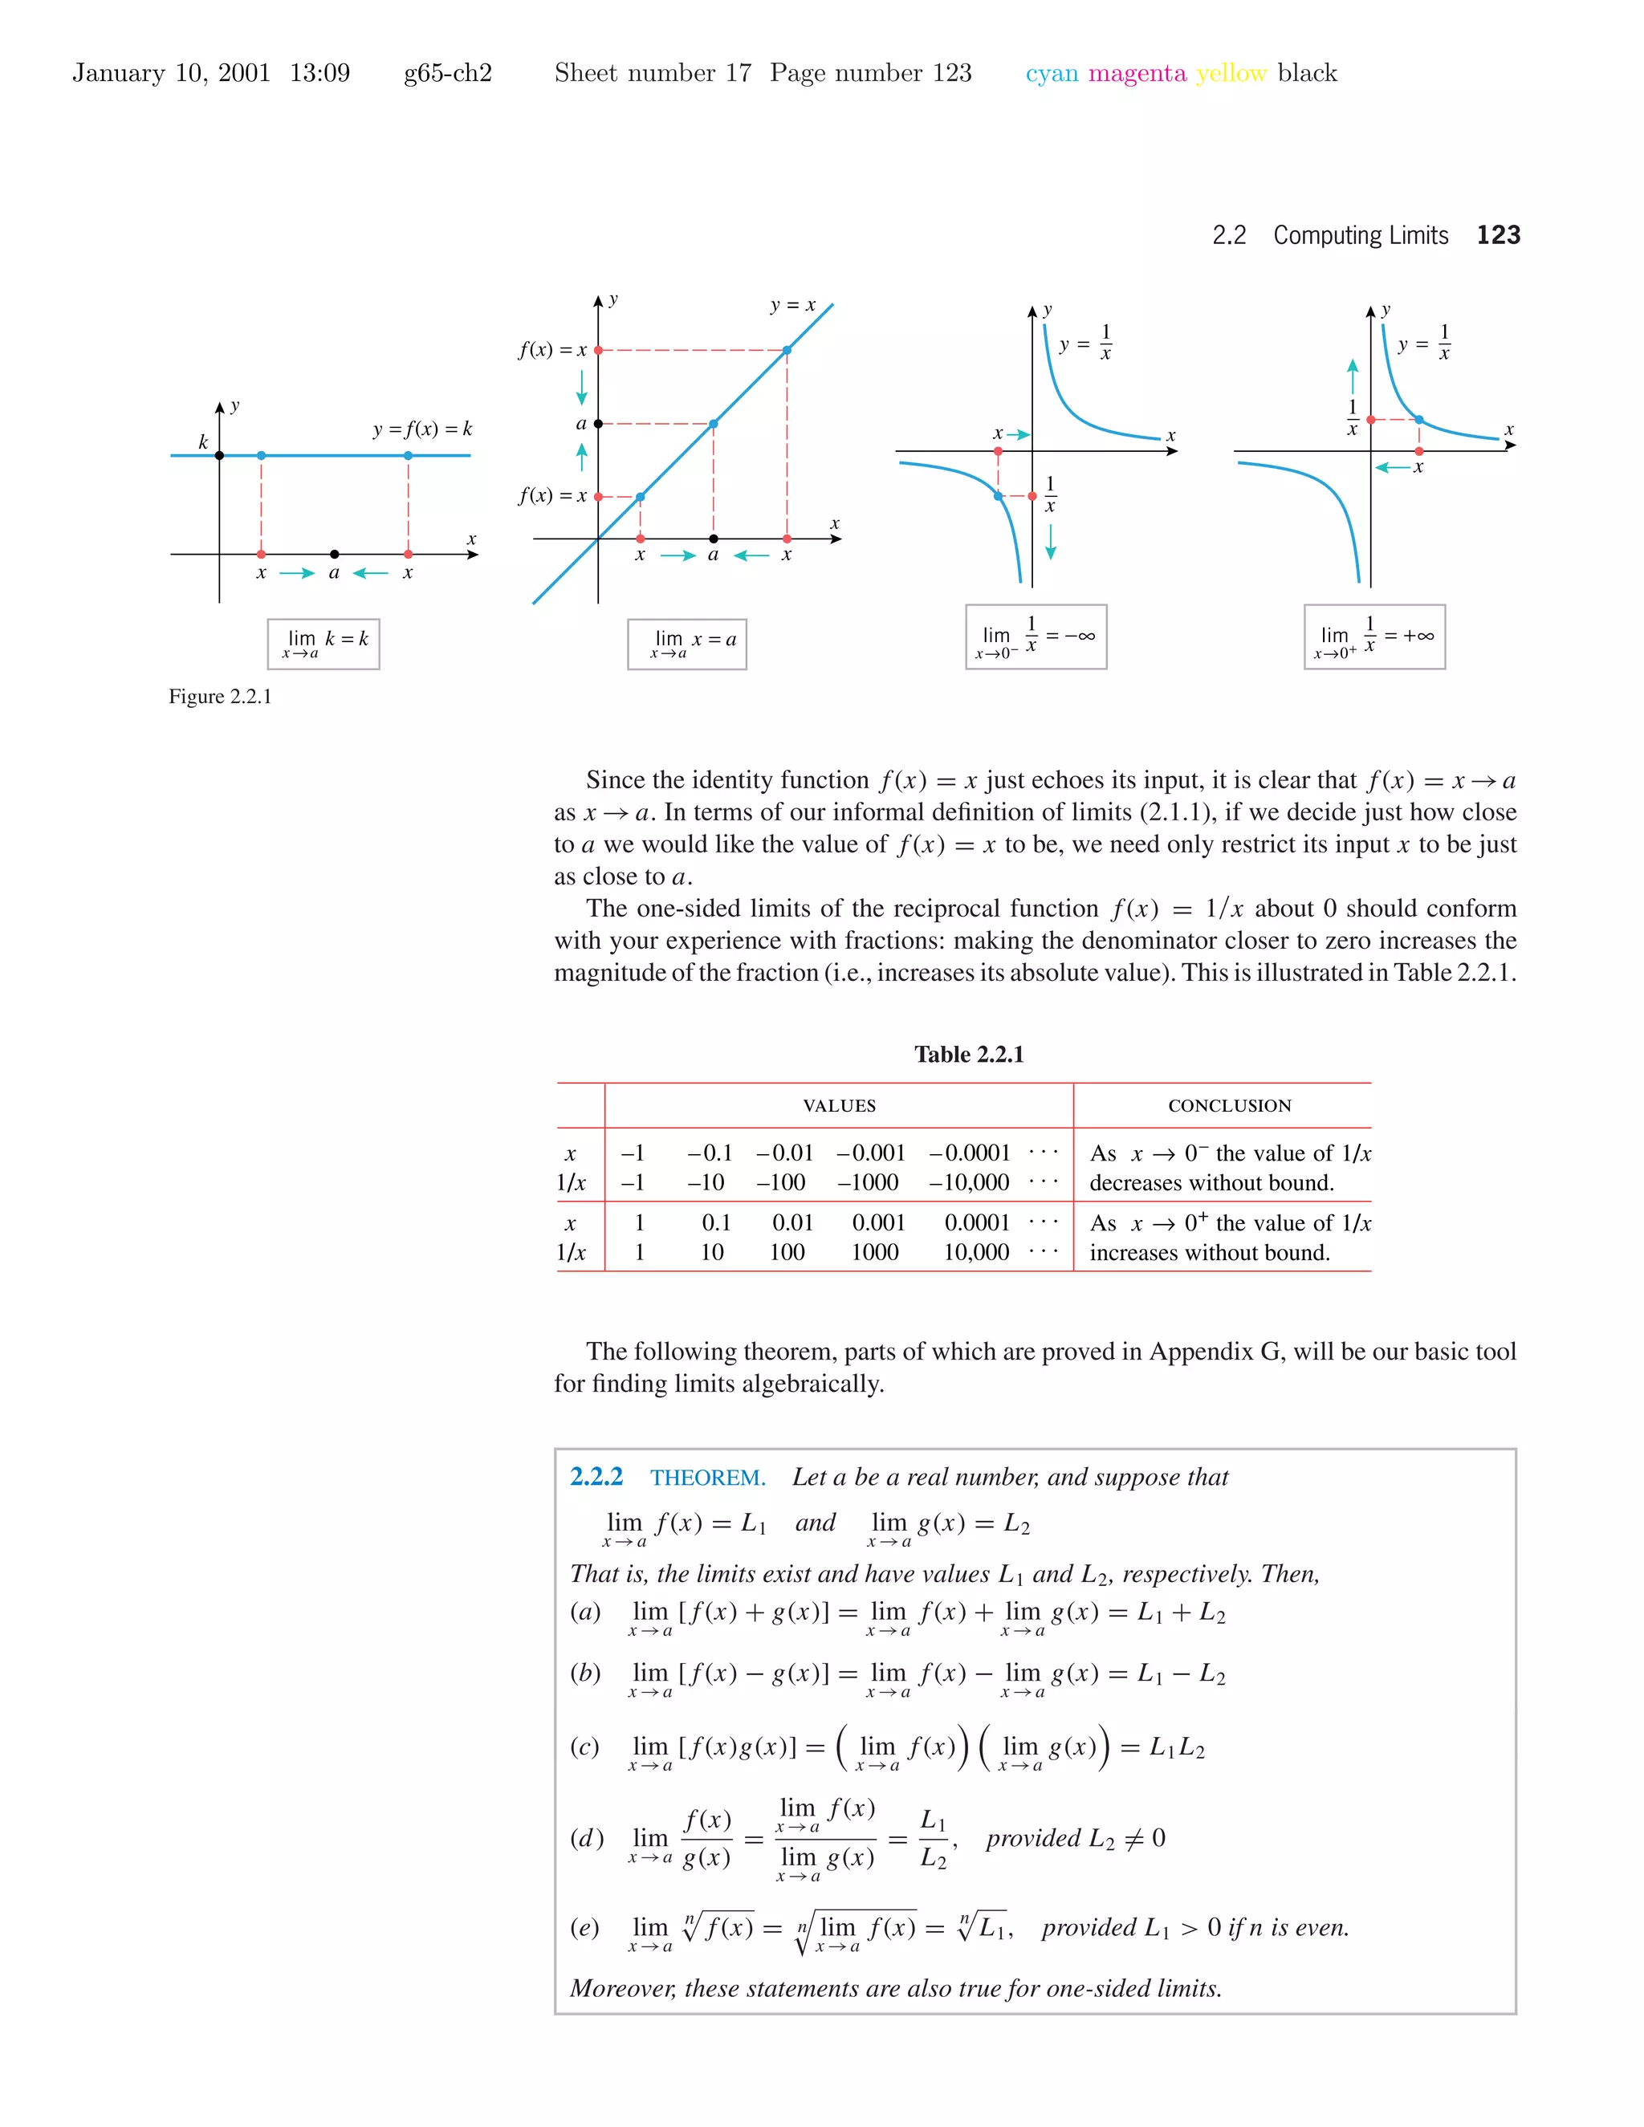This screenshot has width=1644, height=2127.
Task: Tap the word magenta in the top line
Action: pyautogui.click(x=1137, y=73)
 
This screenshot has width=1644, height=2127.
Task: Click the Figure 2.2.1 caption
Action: pyautogui.click(x=220, y=697)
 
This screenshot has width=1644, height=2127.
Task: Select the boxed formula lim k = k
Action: pyautogui.click(x=324, y=644)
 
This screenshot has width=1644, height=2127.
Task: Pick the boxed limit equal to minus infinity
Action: pyautogui.click(x=1036, y=637)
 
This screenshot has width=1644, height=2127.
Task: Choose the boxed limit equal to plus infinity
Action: pyautogui.click(x=1374, y=637)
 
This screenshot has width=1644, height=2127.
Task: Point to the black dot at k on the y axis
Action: pyautogui.click(x=219, y=455)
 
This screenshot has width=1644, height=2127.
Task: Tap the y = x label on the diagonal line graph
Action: pyautogui.click(x=793, y=306)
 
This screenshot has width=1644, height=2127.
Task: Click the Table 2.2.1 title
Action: pyautogui.click(x=968, y=1055)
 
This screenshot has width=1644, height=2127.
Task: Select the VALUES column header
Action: pyautogui.click(x=839, y=1105)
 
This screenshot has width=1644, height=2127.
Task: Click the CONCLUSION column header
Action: pyautogui.click(x=1229, y=1105)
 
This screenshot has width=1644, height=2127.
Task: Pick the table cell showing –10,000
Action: pyautogui.click(x=969, y=1183)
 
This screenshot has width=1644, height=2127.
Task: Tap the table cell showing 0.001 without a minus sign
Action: pyautogui.click(x=878, y=1223)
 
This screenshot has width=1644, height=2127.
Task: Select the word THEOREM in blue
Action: pyautogui.click(x=708, y=1478)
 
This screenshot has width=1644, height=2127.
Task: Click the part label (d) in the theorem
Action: pyautogui.click(x=586, y=1838)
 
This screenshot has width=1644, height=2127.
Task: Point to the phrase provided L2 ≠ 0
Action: pyautogui.click(x=1075, y=1838)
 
